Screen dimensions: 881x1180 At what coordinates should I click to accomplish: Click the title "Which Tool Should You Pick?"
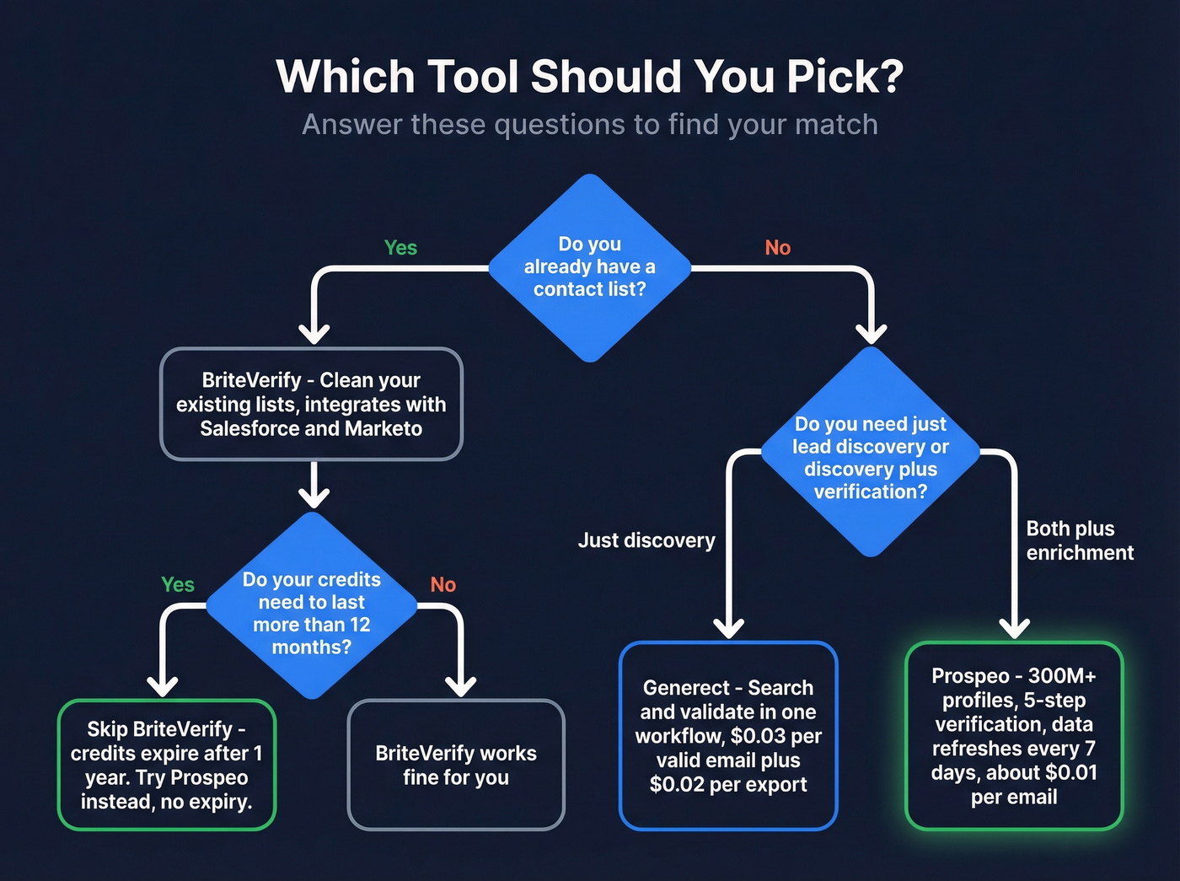point(590,77)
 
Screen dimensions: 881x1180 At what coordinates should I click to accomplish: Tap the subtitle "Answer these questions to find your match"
point(590,125)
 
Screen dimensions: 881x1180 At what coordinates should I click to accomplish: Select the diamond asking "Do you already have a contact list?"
point(590,267)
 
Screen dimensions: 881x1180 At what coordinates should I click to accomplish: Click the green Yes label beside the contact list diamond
point(400,248)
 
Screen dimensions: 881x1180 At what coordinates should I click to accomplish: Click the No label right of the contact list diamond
point(777,248)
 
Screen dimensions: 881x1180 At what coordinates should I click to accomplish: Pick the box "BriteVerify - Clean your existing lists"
point(311,404)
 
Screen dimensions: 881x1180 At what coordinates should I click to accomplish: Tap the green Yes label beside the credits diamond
point(178,585)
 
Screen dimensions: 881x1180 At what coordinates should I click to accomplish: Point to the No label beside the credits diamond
point(442,585)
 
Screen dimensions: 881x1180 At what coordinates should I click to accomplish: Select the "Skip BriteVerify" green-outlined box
point(167,765)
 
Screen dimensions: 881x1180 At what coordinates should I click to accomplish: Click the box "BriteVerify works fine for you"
point(456,765)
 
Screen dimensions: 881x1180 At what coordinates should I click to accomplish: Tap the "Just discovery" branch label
point(646,540)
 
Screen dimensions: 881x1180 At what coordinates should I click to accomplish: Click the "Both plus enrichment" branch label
point(1079,540)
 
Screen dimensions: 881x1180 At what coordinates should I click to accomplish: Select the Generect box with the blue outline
point(728,736)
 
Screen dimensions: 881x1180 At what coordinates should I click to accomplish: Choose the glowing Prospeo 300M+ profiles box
point(1014,736)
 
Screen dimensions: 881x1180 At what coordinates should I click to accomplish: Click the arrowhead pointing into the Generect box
point(728,627)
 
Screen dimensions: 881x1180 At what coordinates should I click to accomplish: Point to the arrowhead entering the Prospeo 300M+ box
point(1014,627)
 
